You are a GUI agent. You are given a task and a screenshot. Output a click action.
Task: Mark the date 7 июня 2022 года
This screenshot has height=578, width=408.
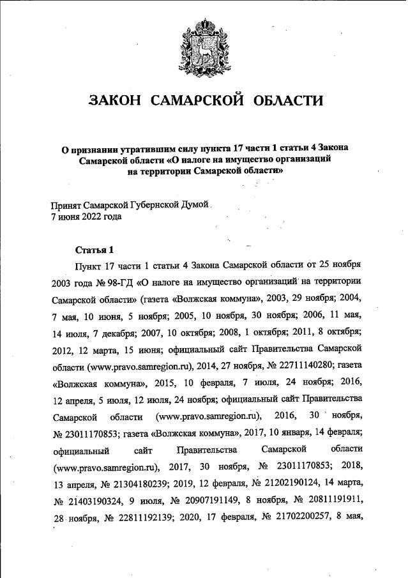pyautogui.click(x=86, y=216)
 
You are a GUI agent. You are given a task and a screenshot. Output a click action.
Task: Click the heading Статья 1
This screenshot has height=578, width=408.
pyautogui.click(x=94, y=248)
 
